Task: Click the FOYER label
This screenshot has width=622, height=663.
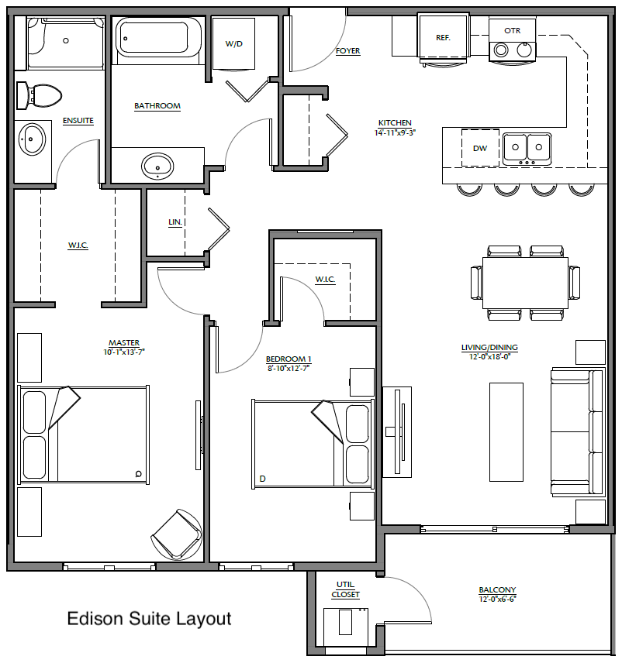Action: click(347, 51)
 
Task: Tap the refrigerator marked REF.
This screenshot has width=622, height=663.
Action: click(443, 39)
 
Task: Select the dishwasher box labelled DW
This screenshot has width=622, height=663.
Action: click(480, 148)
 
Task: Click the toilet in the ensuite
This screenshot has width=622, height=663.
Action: click(39, 95)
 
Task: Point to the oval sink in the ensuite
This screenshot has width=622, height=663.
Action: click(32, 139)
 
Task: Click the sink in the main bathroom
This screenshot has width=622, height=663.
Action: click(157, 167)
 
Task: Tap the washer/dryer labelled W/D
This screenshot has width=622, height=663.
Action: click(233, 43)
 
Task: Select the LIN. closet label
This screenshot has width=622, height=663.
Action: click(175, 222)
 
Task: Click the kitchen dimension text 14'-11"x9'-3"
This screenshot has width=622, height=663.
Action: click(395, 132)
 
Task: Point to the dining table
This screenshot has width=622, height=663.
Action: click(526, 283)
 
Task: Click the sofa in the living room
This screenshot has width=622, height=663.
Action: click(577, 431)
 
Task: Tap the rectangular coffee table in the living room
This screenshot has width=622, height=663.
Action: click(506, 431)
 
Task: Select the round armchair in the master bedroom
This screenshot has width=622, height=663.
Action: click(177, 534)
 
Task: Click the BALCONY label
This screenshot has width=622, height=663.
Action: click(497, 590)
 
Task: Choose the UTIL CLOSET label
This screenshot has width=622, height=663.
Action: click(345, 589)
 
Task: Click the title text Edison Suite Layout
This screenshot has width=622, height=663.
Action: click(149, 619)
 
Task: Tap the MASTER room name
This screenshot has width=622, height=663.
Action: click(124, 343)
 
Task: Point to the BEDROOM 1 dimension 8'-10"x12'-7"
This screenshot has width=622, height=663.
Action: click(289, 368)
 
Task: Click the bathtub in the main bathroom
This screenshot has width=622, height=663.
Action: click(158, 38)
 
